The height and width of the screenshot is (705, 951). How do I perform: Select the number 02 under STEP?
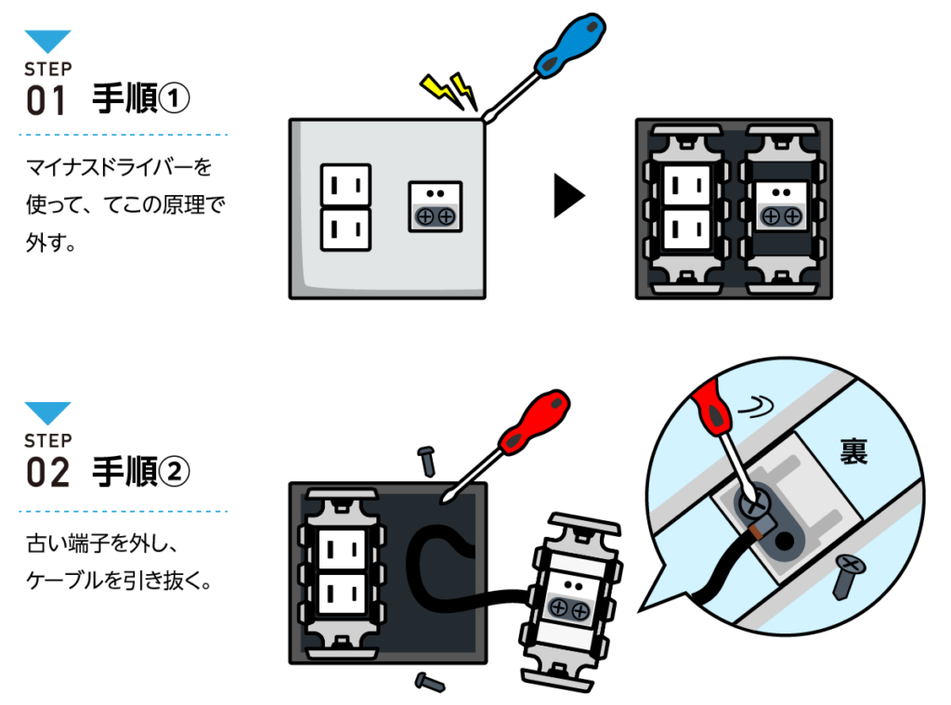(x=48, y=473)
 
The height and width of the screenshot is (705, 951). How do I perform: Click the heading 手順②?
(x=141, y=472)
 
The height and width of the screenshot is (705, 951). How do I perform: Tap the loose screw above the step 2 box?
(x=427, y=458)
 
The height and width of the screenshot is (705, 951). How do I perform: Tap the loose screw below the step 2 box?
(x=429, y=683)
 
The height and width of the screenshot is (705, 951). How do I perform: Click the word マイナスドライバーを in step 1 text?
(x=119, y=167)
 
